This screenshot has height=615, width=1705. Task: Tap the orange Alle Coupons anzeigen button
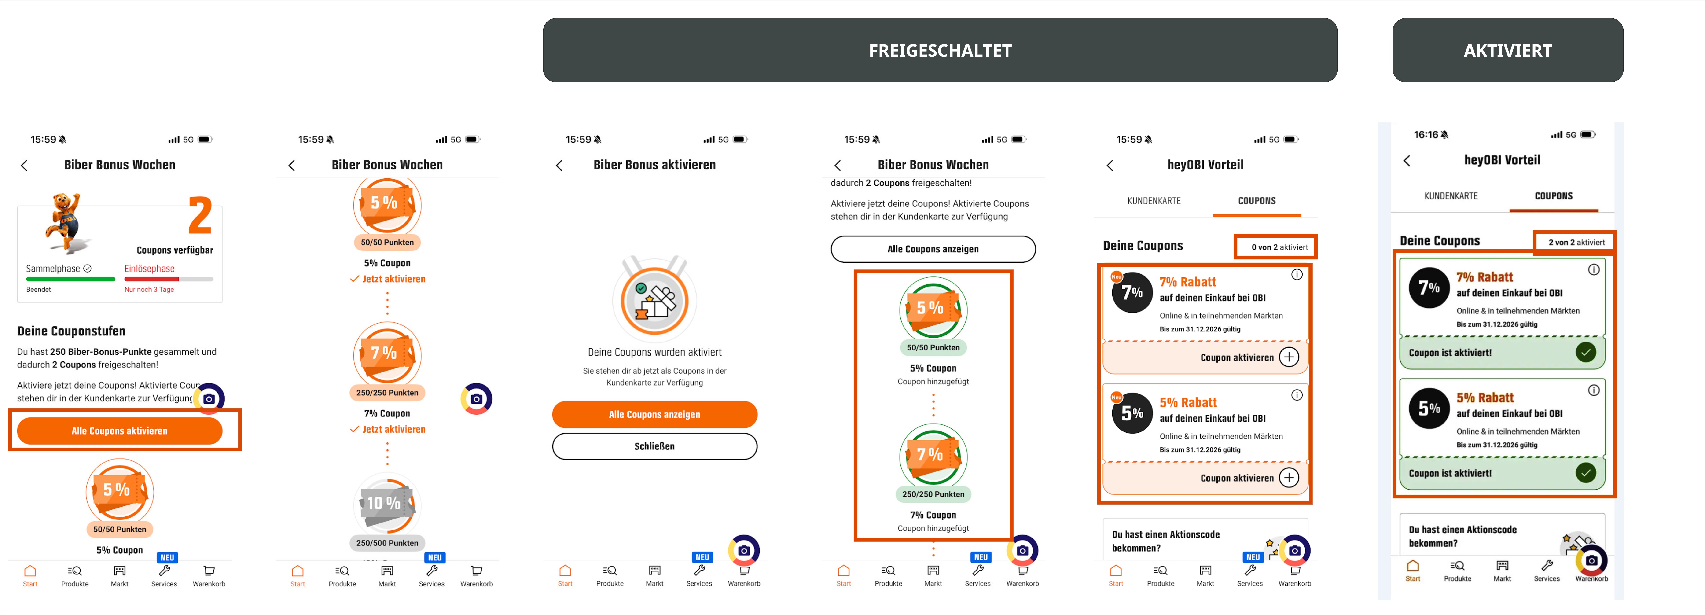point(655,414)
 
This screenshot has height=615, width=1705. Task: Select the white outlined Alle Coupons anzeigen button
point(933,249)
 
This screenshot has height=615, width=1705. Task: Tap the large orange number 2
point(200,215)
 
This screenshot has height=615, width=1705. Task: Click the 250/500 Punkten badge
point(387,543)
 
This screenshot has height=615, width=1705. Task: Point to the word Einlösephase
point(150,269)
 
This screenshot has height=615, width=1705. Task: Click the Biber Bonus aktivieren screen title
point(655,165)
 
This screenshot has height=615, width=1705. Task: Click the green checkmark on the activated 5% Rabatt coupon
point(1586,473)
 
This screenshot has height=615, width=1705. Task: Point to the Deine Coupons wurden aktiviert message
point(655,352)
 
